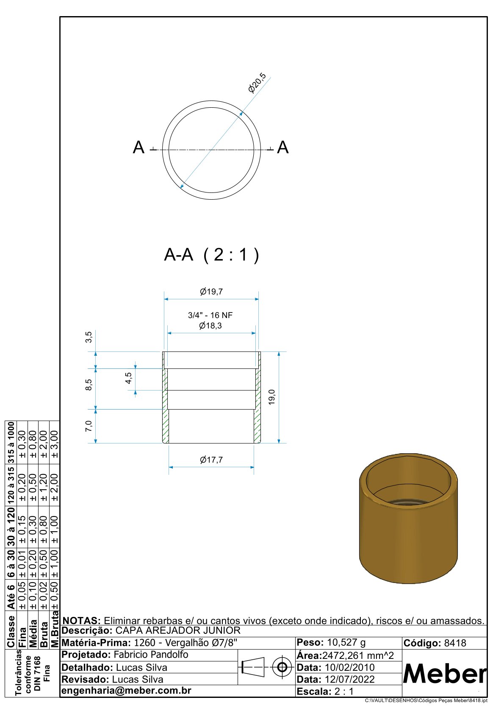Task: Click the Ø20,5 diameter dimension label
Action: pos(257,83)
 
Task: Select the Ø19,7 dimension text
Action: pos(211,291)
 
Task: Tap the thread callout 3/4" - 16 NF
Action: pos(210,315)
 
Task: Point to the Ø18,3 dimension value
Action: pos(210,326)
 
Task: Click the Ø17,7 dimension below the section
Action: pos(211,460)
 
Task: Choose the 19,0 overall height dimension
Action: pos(271,397)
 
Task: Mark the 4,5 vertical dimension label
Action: pos(128,378)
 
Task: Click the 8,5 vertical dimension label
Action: pos(89,385)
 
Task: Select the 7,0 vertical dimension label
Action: pos(89,426)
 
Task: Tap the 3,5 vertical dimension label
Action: pos(89,337)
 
